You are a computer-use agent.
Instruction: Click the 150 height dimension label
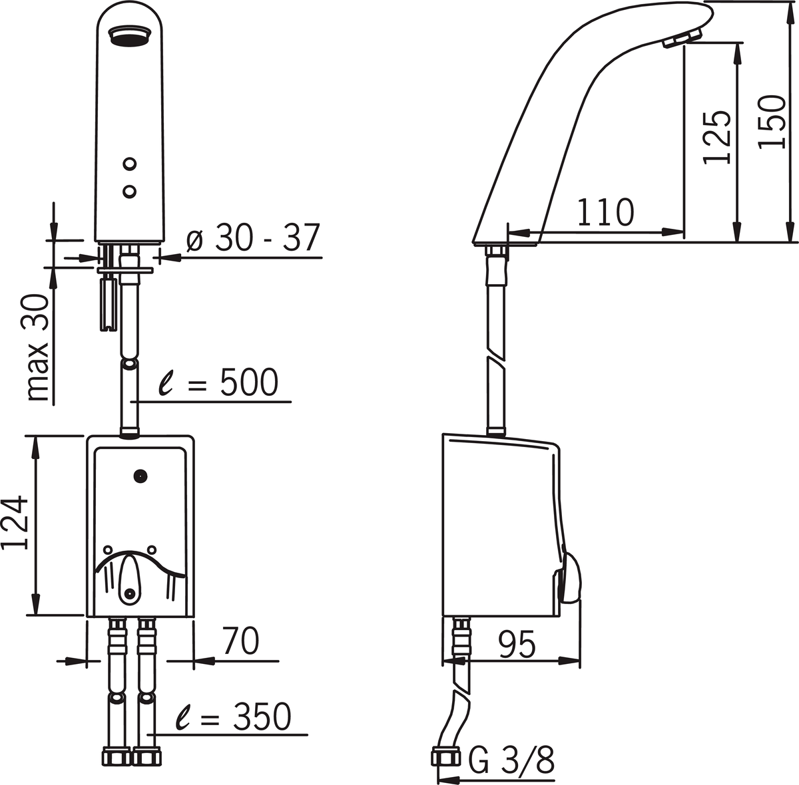772,122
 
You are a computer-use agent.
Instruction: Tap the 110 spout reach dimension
605,213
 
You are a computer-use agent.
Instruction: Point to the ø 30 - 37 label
253,238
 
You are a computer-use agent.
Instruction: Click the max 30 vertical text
39,347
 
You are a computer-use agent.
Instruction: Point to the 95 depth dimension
517,644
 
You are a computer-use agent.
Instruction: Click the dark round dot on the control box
140,476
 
